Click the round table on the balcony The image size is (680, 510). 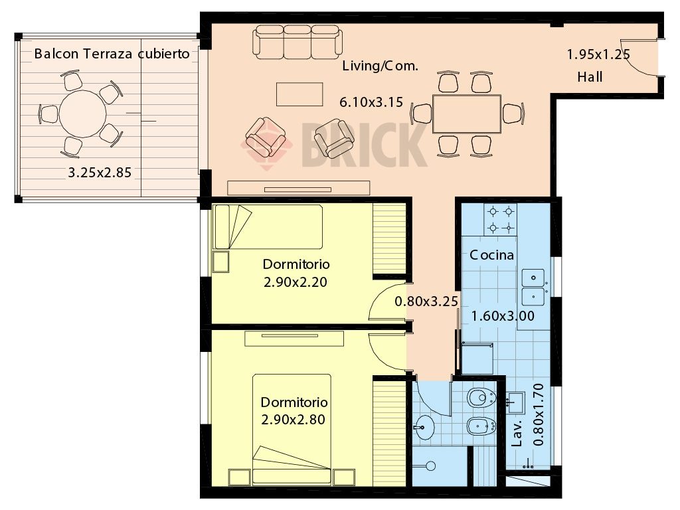pos(82,114)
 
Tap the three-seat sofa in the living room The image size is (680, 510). pos(297,42)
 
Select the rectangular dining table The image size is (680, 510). pos(467,114)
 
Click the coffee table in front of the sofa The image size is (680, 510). pos(299,94)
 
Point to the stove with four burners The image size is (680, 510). pos(501,219)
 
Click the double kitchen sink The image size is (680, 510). pos(533,287)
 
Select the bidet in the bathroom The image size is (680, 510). pos(481,426)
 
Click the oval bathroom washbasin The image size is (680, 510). pos(423,428)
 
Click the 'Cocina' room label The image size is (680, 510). pos(492,255)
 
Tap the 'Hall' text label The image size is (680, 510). pos(590,77)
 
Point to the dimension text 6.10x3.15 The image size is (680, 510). pos(371,102)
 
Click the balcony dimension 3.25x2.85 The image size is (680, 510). pos(100,173)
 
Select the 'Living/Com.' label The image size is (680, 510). pos(381,66)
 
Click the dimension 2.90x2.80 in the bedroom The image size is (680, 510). pos(293,420)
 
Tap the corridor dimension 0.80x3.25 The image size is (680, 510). pos(426,301)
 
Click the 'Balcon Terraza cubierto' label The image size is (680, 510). pos(112,54)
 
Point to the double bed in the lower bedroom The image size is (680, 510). pos(292,430)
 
